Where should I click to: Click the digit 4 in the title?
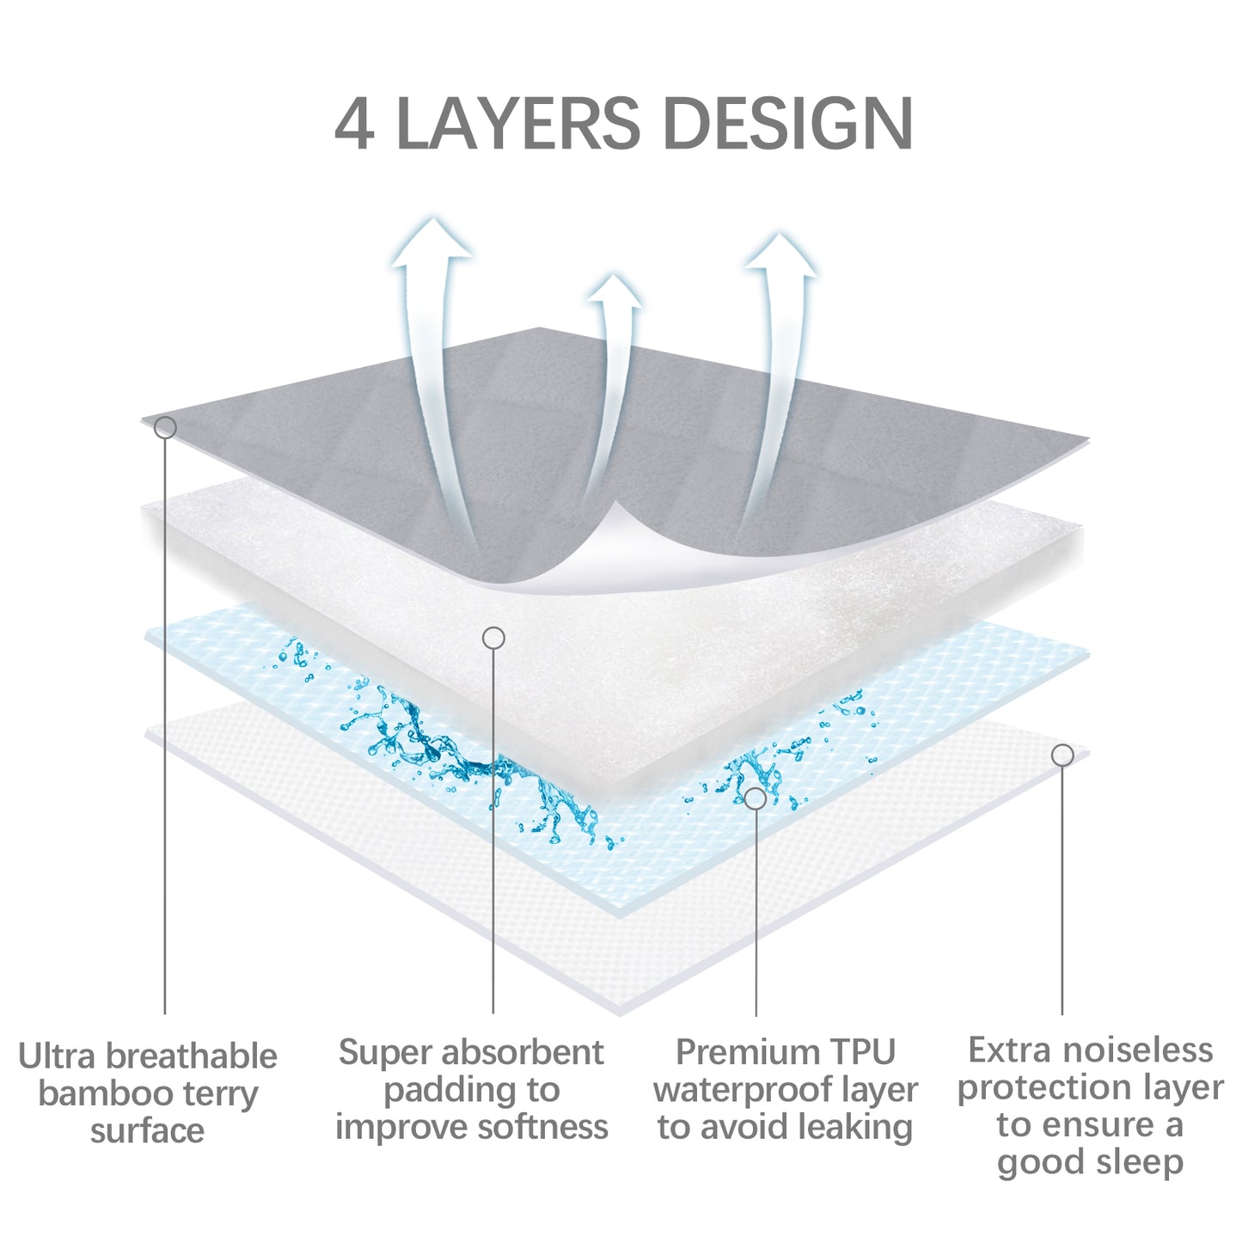click(353, 125)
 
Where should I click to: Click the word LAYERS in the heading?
click(517, 125)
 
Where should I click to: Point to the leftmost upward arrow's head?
click(431, 241)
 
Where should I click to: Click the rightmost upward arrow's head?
click(780, 255)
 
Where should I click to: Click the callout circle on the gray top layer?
click(165, 427)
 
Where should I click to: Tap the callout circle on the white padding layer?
click(493, 638)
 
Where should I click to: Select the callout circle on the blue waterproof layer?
click(755, 798)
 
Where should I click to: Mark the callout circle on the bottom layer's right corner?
click(1062, 756)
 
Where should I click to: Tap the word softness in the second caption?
click(546, 1127)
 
